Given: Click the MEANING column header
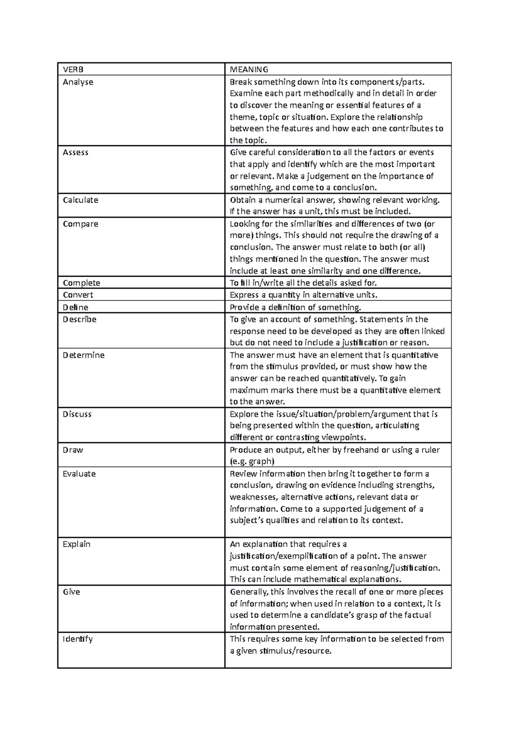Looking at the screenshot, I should pos(249,70).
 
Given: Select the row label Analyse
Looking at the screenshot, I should pos(78,82).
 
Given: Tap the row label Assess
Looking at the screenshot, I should pos(75,153).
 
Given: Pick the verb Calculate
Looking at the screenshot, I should pos(80,200).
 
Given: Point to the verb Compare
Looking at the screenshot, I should pos(80,224).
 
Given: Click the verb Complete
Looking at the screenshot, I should pos(81,283).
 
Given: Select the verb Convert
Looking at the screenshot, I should pos(78,295).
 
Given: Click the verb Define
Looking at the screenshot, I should pos(75,307).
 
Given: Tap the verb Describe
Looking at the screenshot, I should pos(80,319).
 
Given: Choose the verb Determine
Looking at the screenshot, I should pos(83,355).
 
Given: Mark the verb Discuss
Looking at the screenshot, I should pos(77,414).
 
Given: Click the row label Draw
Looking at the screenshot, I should pos(73,450).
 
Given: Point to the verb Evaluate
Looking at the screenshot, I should pos(79,474).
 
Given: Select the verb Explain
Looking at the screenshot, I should pos(77,544).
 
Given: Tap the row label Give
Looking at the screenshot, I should pos(71,592).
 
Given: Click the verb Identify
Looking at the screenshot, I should pos(77,639).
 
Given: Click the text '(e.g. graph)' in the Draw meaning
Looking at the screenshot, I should pos(252,461).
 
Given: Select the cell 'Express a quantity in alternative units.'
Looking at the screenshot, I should pos(303,295).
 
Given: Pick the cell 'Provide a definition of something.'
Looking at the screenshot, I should pos(295,307).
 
